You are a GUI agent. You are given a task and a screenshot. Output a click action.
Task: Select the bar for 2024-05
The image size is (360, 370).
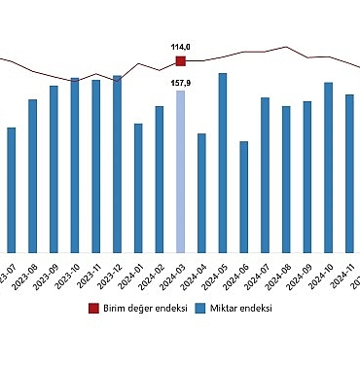pos(223,163)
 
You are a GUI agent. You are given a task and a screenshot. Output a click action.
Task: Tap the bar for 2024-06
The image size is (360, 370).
pos(244,197)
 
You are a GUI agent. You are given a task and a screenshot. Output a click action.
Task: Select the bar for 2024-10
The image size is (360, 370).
pos(328,167)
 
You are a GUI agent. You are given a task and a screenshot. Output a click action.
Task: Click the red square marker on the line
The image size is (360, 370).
pos(180,61)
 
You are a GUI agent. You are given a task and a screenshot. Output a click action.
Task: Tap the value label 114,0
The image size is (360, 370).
pos(180,47)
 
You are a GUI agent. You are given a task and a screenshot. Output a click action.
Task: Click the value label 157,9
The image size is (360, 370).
pos(180,83)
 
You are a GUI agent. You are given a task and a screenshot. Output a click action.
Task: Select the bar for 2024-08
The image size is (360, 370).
pos(286,179)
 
